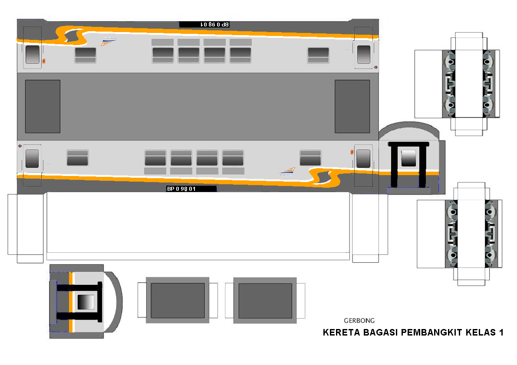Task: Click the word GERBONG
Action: click(359, 321)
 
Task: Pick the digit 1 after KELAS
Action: click(501, 333)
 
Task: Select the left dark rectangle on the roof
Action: click(43, 106)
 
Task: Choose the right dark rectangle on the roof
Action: click(352, 106)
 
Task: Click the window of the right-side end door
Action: click(408, 158)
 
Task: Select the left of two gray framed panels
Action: click(178, 300)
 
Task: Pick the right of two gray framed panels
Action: click(265, 300)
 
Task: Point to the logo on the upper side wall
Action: click(109, 42)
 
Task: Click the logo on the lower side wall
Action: click(286, 172)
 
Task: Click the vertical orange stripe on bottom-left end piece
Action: click(71, 302)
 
